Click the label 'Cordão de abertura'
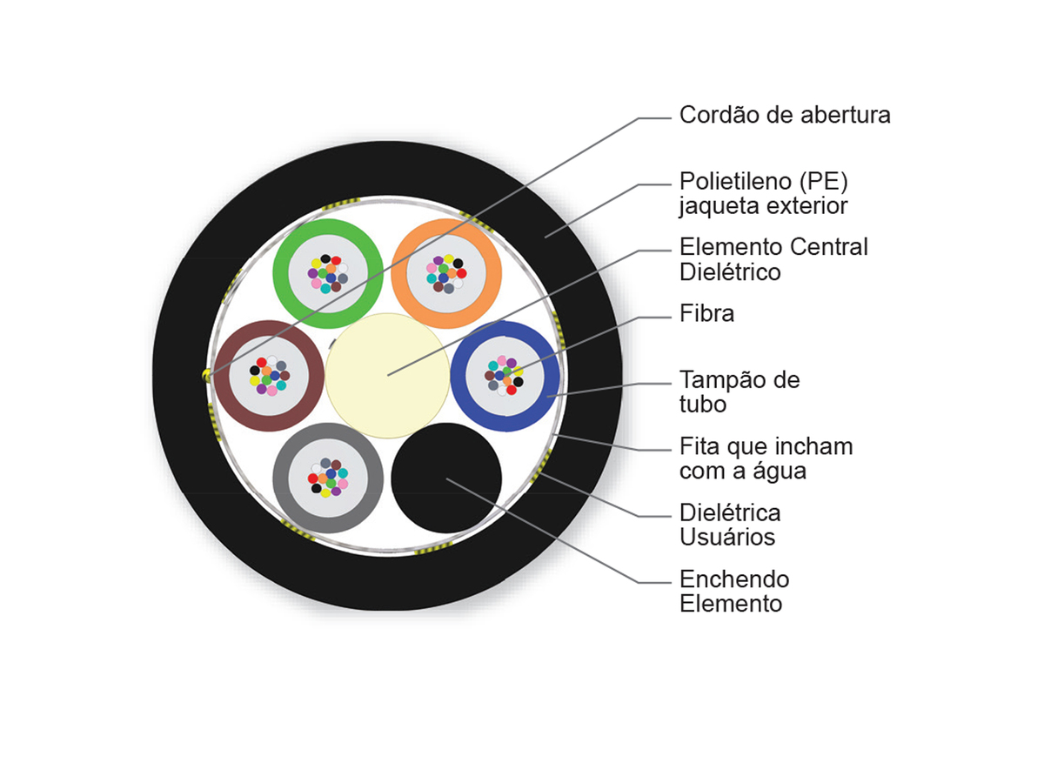pyautogui.click(x=784, y=115)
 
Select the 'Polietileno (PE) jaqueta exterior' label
pyautogui.click(x=763, y=193)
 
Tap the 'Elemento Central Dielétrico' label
pyautogui.click(x=773, y=259)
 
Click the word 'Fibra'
pyautogui.click(x=706, y=313)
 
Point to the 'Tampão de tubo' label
pyautogui.click(x=739, y=391)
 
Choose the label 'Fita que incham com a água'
pyautogui.click(x=766, y=458)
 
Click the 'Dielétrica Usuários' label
pyautogui.click(x=730, y=525)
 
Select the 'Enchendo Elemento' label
pyautogui.click(x=734, y=591)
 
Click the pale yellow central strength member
pyautogui.click(x=388, y=376)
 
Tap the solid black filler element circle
pyautogui.click(x=446, y=478)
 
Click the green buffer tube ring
pyautogui.click(x=281, y=273)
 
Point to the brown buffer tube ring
pyautogui.click(x=222, y=376)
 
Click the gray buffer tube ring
pyautogui.click(x=281, y=478)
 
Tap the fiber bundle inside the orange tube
pyautogui.click(x=446, y=274)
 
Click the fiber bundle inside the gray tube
pyautogui.click(x=328, y=478)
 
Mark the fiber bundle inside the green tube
pyautogui.click(x=328, y=274)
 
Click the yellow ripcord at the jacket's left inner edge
pyautogui.click(x=207, y=376)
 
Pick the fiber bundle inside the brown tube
pyautogui.click(x=269, y=376)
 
